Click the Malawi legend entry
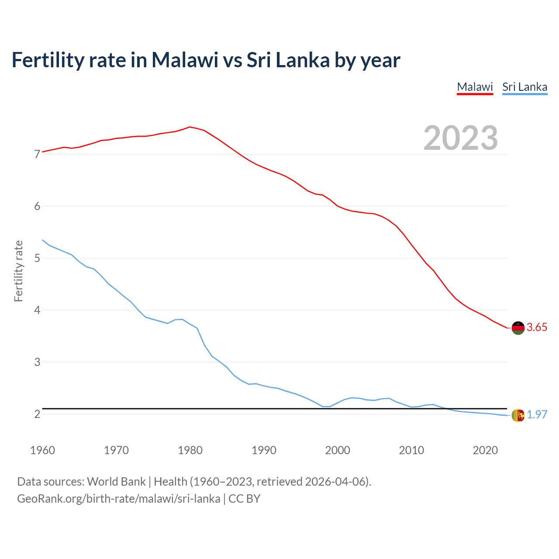475,87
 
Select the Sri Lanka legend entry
524,87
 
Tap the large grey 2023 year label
460,138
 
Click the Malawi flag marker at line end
518,328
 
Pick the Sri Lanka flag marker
518,415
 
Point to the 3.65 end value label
537,328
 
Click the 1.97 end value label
537,414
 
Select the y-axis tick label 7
37,154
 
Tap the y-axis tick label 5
37,258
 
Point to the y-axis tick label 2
37,414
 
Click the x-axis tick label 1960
42,450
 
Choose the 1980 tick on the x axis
190,450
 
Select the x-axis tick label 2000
338,450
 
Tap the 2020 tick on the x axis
485,450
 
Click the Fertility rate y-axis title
18,271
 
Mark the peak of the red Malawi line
190,127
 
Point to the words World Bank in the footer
116,482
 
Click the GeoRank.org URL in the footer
118,499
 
